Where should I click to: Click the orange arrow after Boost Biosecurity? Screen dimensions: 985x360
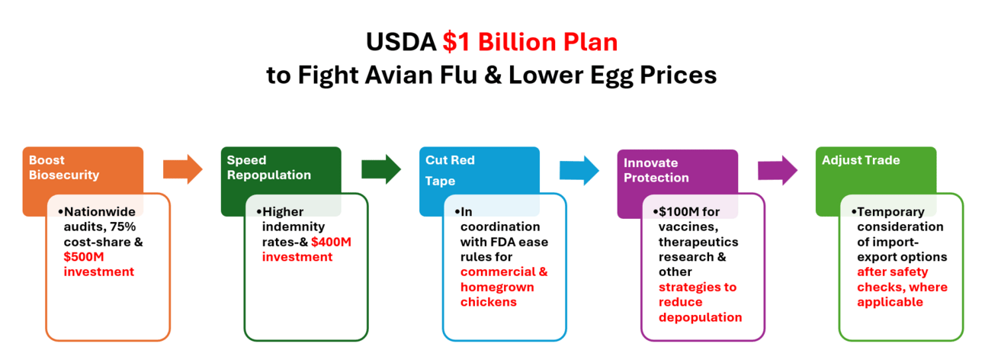tap(182, 169)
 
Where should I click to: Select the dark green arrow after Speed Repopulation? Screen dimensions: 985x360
tap(380, 169)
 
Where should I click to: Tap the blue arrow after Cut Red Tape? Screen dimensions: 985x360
tap(579, 170)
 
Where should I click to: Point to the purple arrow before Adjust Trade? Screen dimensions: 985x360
tap(778, 170)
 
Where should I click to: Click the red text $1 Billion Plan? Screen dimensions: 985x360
tap(530, 42)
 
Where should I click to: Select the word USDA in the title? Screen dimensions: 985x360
tap(401, 42)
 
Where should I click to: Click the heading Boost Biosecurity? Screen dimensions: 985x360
tap(64, 168)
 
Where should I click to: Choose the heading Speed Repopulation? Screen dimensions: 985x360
tap(268, 168)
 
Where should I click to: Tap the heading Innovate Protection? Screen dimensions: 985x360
tap(656, 170)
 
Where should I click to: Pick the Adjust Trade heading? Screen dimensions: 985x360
tap(861, 160)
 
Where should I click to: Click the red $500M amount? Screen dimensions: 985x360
tap(84, 257)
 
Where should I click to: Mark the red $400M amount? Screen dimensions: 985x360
tap(331, 242)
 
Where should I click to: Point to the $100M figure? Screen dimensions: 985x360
tap(679, 212)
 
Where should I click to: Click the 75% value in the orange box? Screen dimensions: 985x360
tap(123, 227)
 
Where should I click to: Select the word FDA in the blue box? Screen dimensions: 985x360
tap(504, 242)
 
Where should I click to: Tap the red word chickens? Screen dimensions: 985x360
tap(489, 302)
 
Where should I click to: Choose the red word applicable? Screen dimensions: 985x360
tap(890, 302)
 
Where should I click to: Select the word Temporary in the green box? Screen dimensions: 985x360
tap(890, 213)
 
